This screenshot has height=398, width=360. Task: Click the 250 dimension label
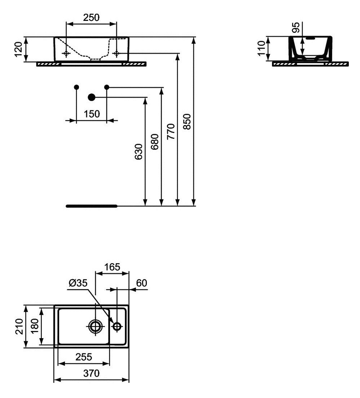click(91, 18)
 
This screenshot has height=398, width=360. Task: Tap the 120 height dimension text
click(18, 49)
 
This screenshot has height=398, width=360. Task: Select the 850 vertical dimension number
click(187, 122)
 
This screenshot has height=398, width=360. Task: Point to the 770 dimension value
click(171, 132)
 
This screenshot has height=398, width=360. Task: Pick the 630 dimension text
click(139, 152)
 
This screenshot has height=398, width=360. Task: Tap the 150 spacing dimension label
click(92, 114)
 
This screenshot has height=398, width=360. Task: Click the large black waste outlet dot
click(92, 97)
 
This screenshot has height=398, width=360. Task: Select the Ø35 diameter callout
click(78, 283)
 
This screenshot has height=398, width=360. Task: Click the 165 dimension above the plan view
click(112, 267)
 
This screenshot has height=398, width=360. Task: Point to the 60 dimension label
click(141, 283)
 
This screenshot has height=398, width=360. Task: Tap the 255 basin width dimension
click(84, 357)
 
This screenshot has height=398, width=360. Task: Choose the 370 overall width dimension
click(92, 373)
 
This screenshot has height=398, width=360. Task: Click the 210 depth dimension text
click(19, 326)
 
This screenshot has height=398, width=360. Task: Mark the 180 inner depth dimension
click(35, 326)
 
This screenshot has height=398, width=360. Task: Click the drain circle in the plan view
click(96, 326)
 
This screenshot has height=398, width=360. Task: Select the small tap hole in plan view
click(117, 326)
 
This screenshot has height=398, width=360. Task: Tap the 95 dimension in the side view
click(296, 27)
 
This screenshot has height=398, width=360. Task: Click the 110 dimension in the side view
click(261, 48)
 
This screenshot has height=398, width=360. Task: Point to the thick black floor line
click(92, 206)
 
